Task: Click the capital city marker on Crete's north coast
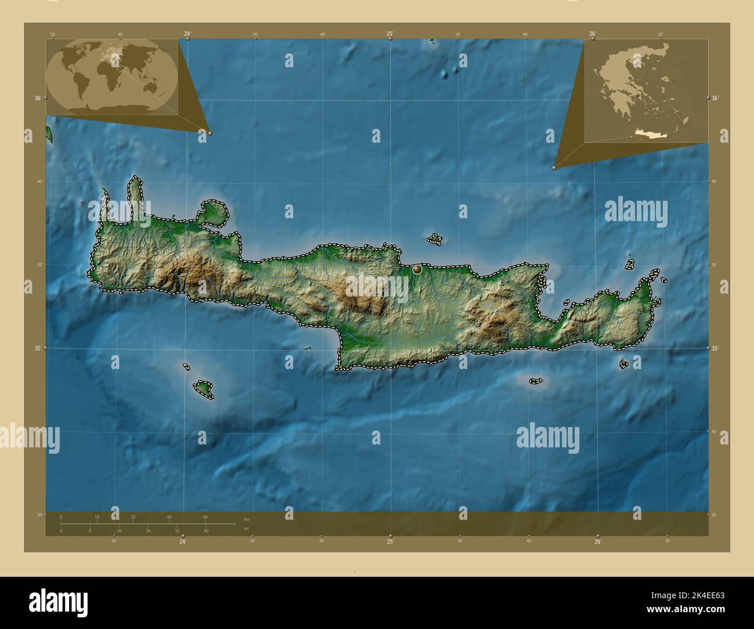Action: [416, 269]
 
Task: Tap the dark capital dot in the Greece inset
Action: [637, 95]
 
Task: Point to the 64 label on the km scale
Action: [205, 516]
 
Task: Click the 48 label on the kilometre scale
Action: [169, 516]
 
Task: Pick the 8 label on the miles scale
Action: [90, 530]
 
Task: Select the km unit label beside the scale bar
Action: [246, 519]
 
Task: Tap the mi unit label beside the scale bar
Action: [246, 529]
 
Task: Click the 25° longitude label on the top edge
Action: [390, 34]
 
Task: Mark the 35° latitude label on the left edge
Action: [38, 348]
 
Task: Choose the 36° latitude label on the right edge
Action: [715, 98]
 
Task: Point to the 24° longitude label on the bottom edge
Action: [183, 542]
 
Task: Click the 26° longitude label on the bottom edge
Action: [597, 542]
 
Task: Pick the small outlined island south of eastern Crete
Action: [535, 381]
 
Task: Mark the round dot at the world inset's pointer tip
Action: [210, 133]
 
